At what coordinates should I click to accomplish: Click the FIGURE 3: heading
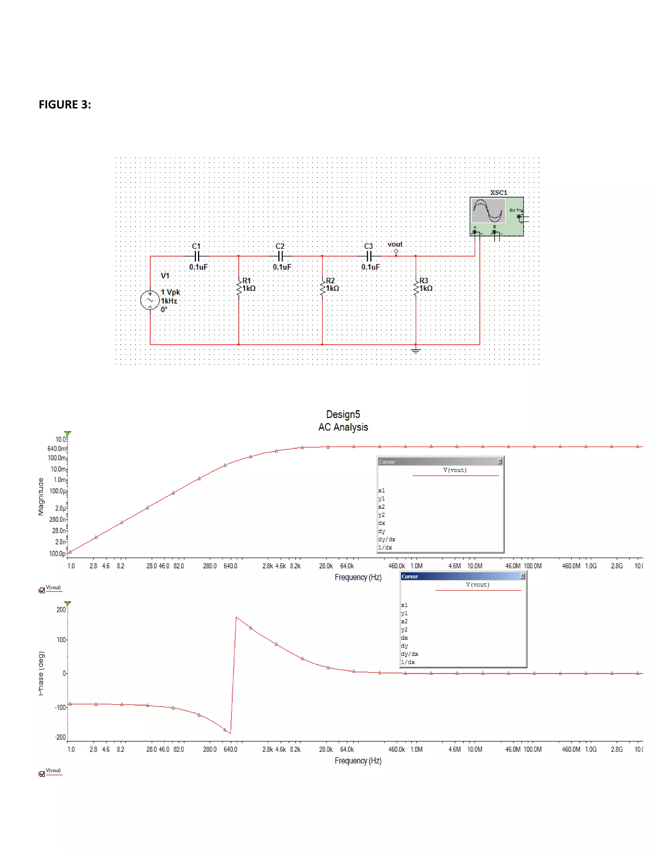tap(64, 105)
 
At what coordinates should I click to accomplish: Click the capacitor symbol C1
tap(197, 256)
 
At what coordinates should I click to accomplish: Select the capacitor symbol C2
tap(281, 256)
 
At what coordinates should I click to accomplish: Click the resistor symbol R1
tap(239, 288)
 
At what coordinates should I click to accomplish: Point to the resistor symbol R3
tap(416, 288)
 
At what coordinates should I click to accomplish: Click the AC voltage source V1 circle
tap(150, 300)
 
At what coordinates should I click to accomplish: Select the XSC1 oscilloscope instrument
tap(496, 217)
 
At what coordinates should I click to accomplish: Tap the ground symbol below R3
tap(416, 350)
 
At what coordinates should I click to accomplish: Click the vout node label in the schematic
tap(395, 244)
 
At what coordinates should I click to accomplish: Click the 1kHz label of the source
tap(169, 301)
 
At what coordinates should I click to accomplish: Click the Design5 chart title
tap(343, 414)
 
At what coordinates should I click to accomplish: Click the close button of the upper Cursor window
tap(500, 461)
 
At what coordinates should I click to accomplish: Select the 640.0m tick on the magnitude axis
tap(57, 449)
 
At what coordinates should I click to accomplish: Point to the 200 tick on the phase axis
tap(61, 610)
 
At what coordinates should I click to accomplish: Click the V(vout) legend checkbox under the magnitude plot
tap(42, 591)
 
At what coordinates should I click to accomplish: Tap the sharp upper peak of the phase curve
tap(236, 617)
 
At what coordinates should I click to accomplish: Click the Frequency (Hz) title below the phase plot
tap(358, 761)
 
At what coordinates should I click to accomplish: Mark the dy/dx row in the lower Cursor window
tap(409, 654)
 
